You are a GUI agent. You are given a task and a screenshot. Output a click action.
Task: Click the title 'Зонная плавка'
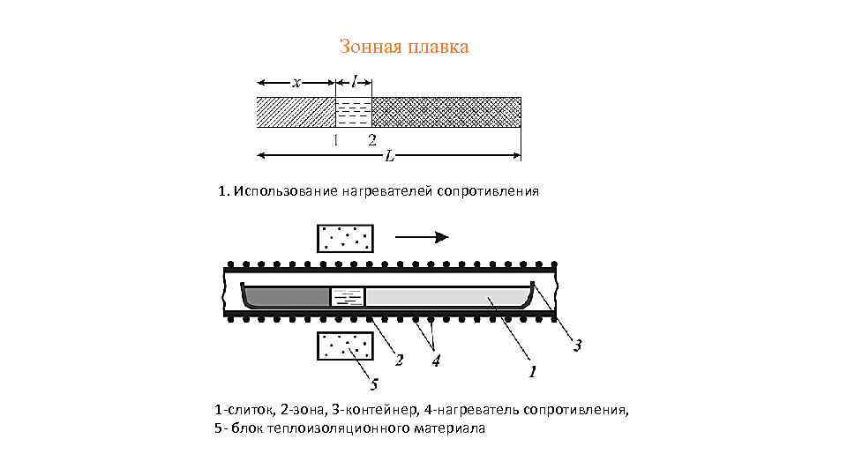[404, 47]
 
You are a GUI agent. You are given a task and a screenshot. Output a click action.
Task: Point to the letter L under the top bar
[389, 157]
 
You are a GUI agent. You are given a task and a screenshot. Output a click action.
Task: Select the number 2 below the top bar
[372, 140]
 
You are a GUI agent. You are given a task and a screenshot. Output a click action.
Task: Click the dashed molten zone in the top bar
[354, 113]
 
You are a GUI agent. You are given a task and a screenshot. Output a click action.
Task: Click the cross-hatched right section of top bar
[446, 113]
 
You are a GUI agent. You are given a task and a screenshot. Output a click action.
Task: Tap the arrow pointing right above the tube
[423, 236]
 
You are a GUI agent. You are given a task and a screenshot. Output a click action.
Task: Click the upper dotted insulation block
[345, 238]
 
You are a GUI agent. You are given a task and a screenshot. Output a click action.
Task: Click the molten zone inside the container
[347, 296]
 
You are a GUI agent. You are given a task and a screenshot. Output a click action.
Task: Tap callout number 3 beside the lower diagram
[577, 346]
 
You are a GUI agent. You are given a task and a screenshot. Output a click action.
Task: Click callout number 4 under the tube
[436, 361]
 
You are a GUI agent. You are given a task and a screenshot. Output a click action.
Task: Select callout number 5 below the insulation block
[374, 384]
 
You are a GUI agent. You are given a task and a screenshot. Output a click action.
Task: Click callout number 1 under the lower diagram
[532, 373]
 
